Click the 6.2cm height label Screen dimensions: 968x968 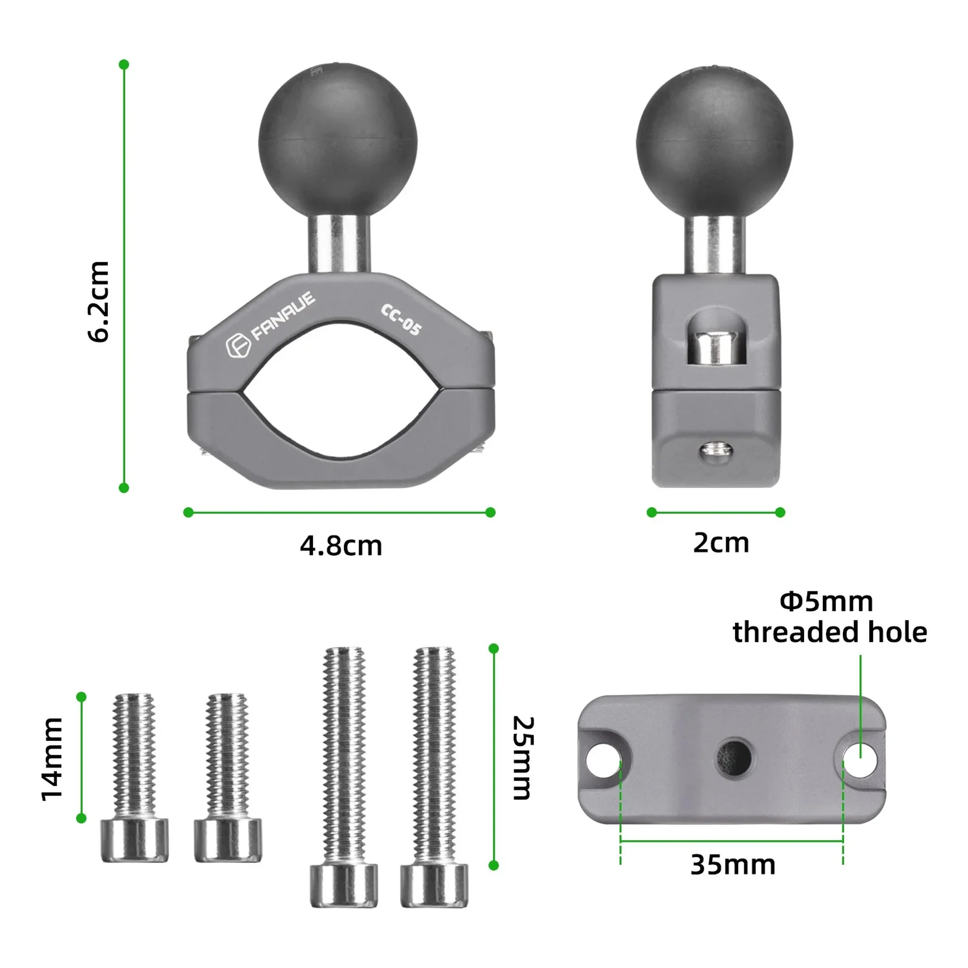[x=98, y=302]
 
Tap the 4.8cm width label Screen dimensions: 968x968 [x=341, y=546]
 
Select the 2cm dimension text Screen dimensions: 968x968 [x=721, y=543]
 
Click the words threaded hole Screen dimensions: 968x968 [x=830, y=632]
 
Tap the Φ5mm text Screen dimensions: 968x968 [x=826, y=601]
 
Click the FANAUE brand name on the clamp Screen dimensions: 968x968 [x=283, y=316]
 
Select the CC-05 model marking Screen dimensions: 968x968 [x=401, y=319]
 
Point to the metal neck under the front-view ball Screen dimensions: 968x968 [x=339, y=244]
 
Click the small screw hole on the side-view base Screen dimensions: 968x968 [x=716, y=451]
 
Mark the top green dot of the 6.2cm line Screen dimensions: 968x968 [x=124, y=65]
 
